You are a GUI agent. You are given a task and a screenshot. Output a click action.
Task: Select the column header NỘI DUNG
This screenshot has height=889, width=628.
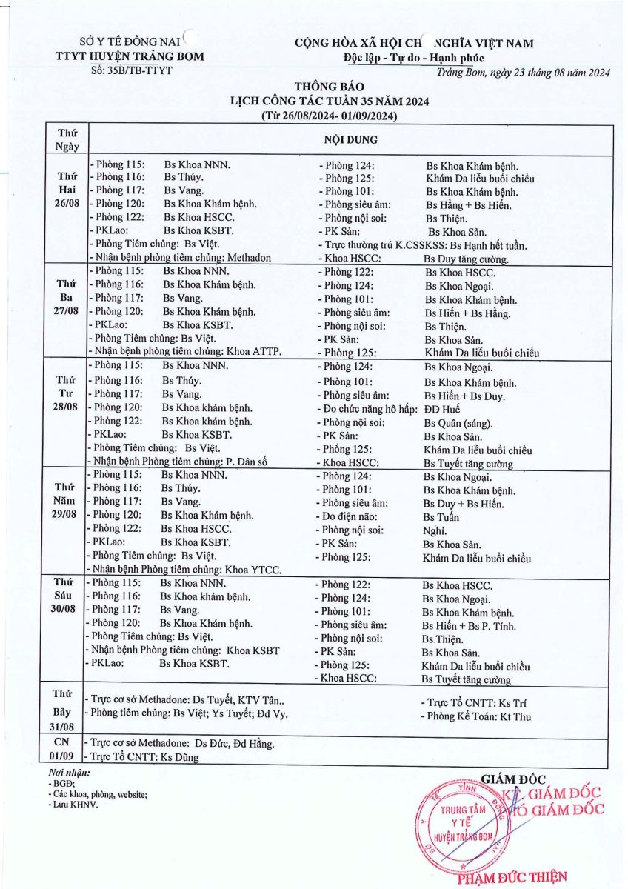tap(351, 139)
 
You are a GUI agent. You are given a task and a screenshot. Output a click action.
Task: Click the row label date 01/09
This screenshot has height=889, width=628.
tap(62, 756)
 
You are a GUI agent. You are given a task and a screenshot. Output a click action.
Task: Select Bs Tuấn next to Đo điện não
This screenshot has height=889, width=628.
tap(441, 517)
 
